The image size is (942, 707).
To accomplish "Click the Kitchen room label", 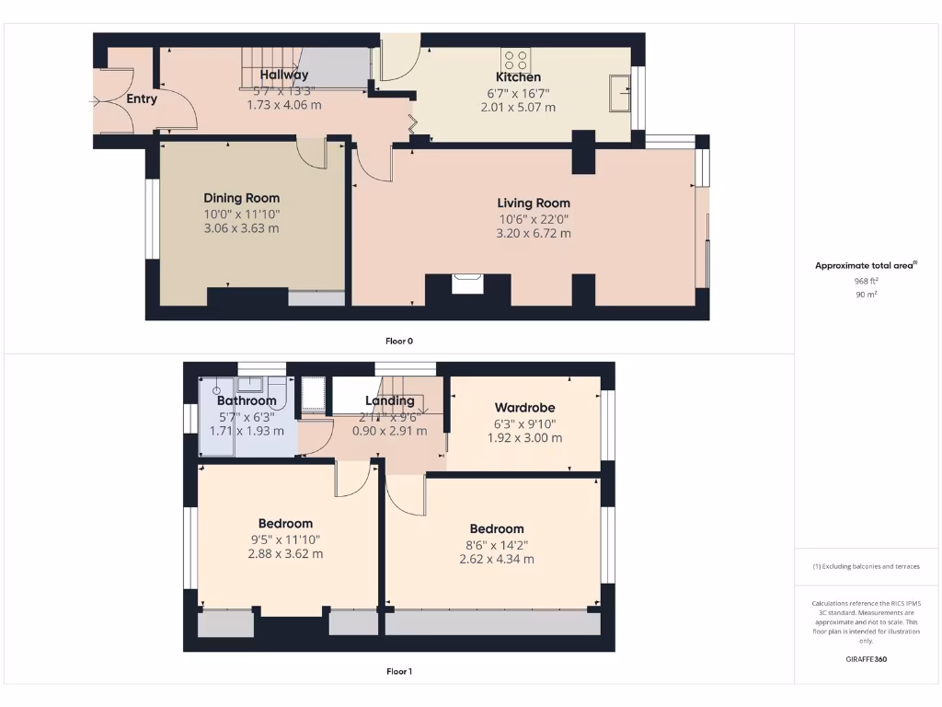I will [x=518, y=77].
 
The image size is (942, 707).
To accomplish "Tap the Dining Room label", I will [x=241, y=198].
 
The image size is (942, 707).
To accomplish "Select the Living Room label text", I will [x=534, y=203].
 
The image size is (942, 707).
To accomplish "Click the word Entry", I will [x=142, y=99].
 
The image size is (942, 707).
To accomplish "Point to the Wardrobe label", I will [x=524, y=408].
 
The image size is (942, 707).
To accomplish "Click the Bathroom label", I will [x=247, y=400].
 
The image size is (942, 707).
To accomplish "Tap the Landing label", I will [x=390, y=400].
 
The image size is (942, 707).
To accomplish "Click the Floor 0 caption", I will [x=398, y=341].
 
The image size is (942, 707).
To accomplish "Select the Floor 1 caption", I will [x=398, y=671].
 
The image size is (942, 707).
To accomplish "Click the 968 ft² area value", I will [x=866, y=281].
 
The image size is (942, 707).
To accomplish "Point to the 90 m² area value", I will [x=866, y=295].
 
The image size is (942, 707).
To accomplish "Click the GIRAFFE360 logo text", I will [x=866, y=659].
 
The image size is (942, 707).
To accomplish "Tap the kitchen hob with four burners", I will [x=514, y=58].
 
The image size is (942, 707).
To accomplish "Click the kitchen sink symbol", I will [x=619, y=90].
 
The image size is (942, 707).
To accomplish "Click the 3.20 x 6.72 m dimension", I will [x=534, y=233].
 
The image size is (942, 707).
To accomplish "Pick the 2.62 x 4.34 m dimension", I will [x=497, y=559].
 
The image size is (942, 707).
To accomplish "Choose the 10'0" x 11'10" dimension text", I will [x=241, y=214].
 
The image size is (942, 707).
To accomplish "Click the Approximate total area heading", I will [x=866, y=265].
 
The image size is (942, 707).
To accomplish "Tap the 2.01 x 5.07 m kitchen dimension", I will [x=518, y=107].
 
